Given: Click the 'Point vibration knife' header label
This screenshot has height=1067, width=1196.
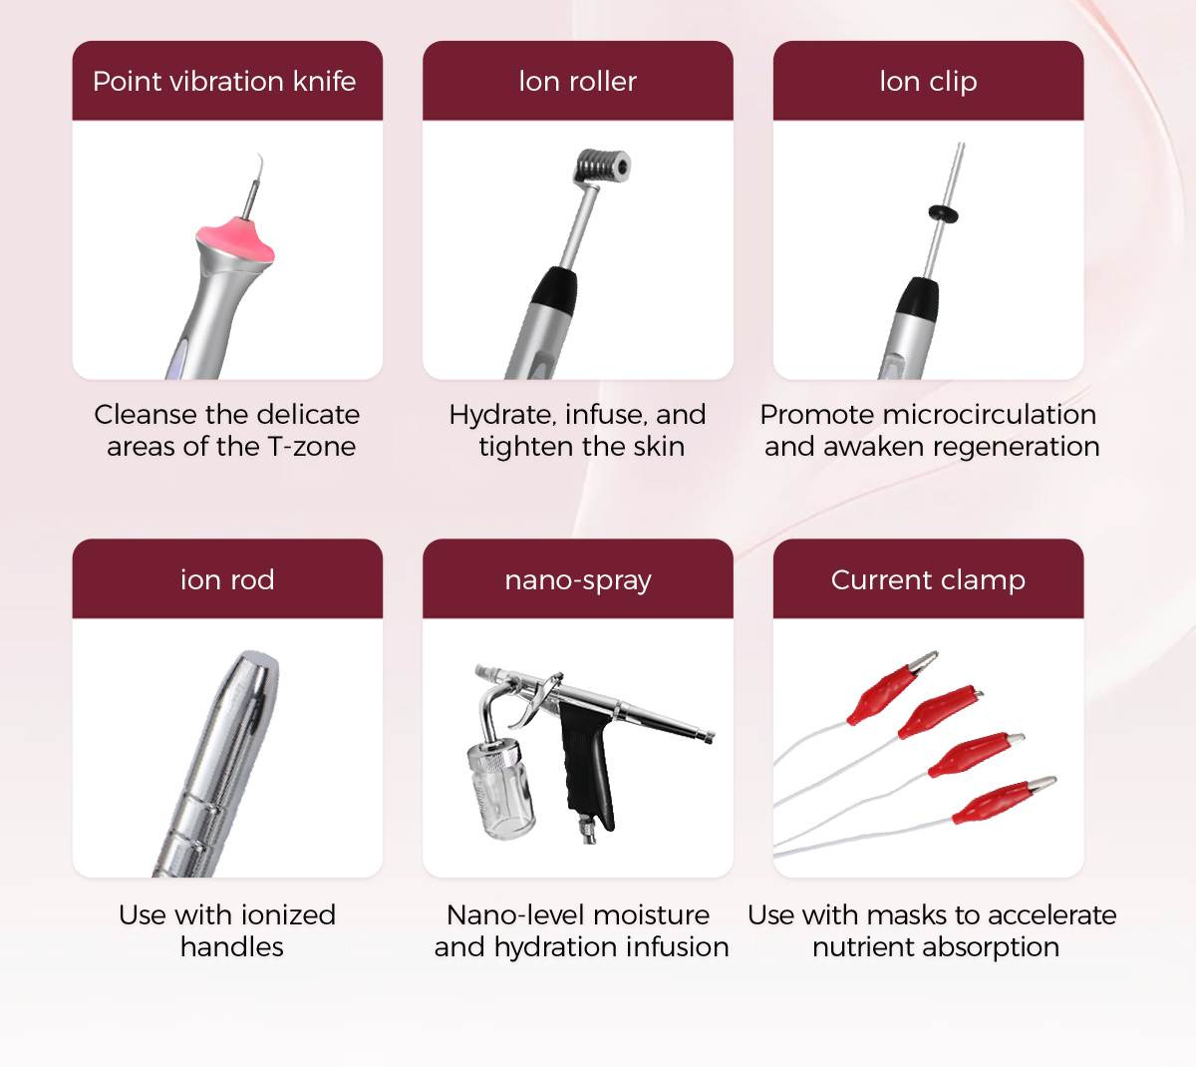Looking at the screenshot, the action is [x=224, y=81].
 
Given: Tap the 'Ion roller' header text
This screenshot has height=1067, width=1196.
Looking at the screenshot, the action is [x=577, y=81].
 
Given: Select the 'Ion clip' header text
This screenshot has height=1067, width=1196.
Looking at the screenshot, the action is [x=928, y=82].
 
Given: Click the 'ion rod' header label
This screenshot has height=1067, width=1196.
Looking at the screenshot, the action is [x=227, y=579].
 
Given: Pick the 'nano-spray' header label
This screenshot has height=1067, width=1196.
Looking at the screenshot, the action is [x=578, y=580].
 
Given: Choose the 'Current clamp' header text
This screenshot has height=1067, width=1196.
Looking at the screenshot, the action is [x=928, y=580].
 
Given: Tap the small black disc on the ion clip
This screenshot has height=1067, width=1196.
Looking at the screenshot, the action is [x=943, y=213].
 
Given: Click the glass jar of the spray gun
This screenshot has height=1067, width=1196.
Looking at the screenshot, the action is [x=500, y=790].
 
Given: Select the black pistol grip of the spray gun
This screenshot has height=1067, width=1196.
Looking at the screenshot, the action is [x=587, y=763].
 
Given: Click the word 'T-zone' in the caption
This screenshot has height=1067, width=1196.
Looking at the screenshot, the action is [x=312, y=447].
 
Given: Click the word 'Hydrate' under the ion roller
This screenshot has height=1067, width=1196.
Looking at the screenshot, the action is [x=501, y=416].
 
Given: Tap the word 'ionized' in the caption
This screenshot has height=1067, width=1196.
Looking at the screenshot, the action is [x=289, y=915].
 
